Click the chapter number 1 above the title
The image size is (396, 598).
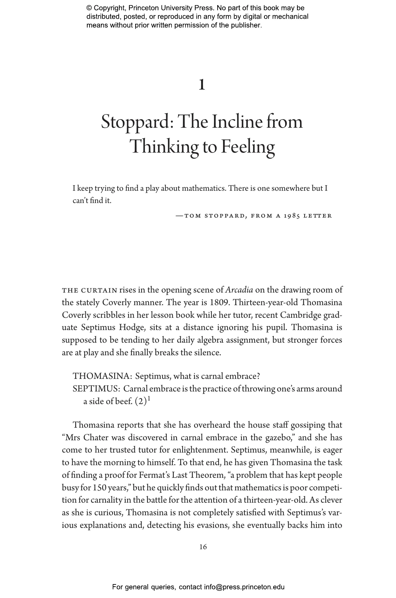(202, 85)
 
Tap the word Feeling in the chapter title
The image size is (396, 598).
(248, 147)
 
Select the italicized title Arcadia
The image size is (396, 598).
(239, 290)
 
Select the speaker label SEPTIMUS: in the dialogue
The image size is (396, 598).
(97, 389)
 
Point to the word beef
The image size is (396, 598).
(123, 401)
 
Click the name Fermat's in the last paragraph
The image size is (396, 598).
(154, 475)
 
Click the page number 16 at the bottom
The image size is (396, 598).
(203, 547)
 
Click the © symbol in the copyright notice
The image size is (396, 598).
(89, 8)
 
